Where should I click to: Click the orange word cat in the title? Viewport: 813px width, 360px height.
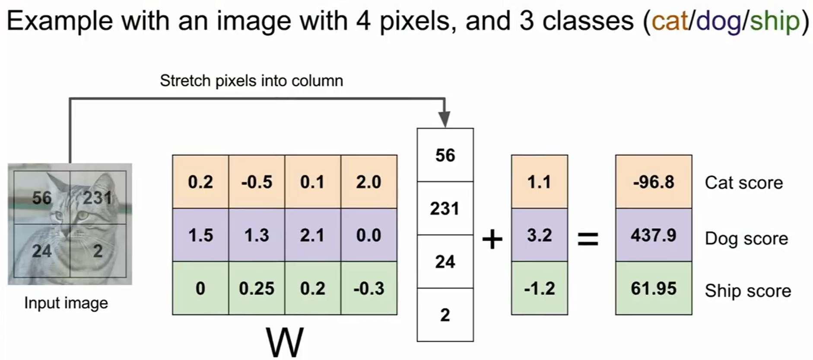(x=669, y=20)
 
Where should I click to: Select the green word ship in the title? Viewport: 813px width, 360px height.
(x=775, y=20)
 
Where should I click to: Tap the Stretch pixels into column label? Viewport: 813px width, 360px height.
(x=251, y=81)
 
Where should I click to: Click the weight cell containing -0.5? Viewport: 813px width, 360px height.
(x=257, y=182)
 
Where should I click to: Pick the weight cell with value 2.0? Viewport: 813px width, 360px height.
(x=368, y=182)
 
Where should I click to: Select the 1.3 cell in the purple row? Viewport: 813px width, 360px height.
(x=257, y=235)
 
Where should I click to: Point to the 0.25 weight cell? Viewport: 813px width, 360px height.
(x=257, y=288)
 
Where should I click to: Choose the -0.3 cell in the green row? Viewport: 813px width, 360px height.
(x=368, y=288)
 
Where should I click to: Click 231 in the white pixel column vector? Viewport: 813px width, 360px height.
(x=445, y=209)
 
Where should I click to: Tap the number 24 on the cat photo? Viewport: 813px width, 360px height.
(x=42, y=251)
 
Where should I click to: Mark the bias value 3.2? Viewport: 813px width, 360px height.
(x=539, y=235)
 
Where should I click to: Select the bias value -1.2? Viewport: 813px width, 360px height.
(x=539, y=288)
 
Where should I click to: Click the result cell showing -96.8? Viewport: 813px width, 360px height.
(x=653, y=182)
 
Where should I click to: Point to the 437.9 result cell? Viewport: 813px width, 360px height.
(x=653, y=235)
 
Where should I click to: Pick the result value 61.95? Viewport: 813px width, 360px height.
(x=653, y=288)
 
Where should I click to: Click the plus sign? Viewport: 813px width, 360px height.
(x=492, y=239)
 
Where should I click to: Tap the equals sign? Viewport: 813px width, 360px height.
(x=588, y=239)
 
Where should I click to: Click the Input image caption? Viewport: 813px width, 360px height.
(x=66, y=303)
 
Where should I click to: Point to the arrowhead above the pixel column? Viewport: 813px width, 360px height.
(x=445, y=119)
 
